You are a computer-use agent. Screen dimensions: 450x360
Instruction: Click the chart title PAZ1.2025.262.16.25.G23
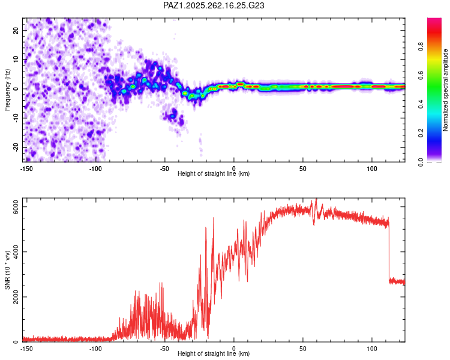[x=214, y=5]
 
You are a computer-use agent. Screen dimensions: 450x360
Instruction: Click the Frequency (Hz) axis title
[x=7, y=90]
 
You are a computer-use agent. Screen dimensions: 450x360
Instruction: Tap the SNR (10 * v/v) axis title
[x=7, y=270]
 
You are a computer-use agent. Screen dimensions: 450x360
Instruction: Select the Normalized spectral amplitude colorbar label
[x=445, y=90]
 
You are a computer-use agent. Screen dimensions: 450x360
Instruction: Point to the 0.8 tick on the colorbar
[x=421, y=46]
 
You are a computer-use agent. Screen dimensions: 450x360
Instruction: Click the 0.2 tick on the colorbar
[x=421, y=133]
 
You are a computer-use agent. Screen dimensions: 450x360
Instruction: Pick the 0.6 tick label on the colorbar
[x=421, y=75]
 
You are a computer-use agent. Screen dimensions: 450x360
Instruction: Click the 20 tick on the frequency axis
[x=16, y=30]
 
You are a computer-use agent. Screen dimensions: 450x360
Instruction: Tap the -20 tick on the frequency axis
[x=16, y=147]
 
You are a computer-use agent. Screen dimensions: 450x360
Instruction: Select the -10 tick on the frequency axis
[x=16, y=118]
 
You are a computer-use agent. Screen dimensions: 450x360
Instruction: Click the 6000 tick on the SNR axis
[x=16, y=206]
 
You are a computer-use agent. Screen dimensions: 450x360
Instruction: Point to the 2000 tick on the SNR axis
[x=16, y=297]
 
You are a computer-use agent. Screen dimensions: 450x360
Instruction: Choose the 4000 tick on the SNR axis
[x=16, y=252]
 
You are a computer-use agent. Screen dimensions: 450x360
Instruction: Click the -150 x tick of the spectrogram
[x=26, y=169]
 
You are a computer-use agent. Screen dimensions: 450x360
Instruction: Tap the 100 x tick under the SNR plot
[x=371, y=349]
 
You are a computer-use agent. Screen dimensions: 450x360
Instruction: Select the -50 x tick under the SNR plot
[x=164, y=349]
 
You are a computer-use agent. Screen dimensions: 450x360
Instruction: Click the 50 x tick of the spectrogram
[x=303, y=169]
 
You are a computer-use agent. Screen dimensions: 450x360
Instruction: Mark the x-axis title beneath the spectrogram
[x=214, y=173]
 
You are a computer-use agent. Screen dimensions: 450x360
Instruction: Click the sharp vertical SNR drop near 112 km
[x=389, y=252]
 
